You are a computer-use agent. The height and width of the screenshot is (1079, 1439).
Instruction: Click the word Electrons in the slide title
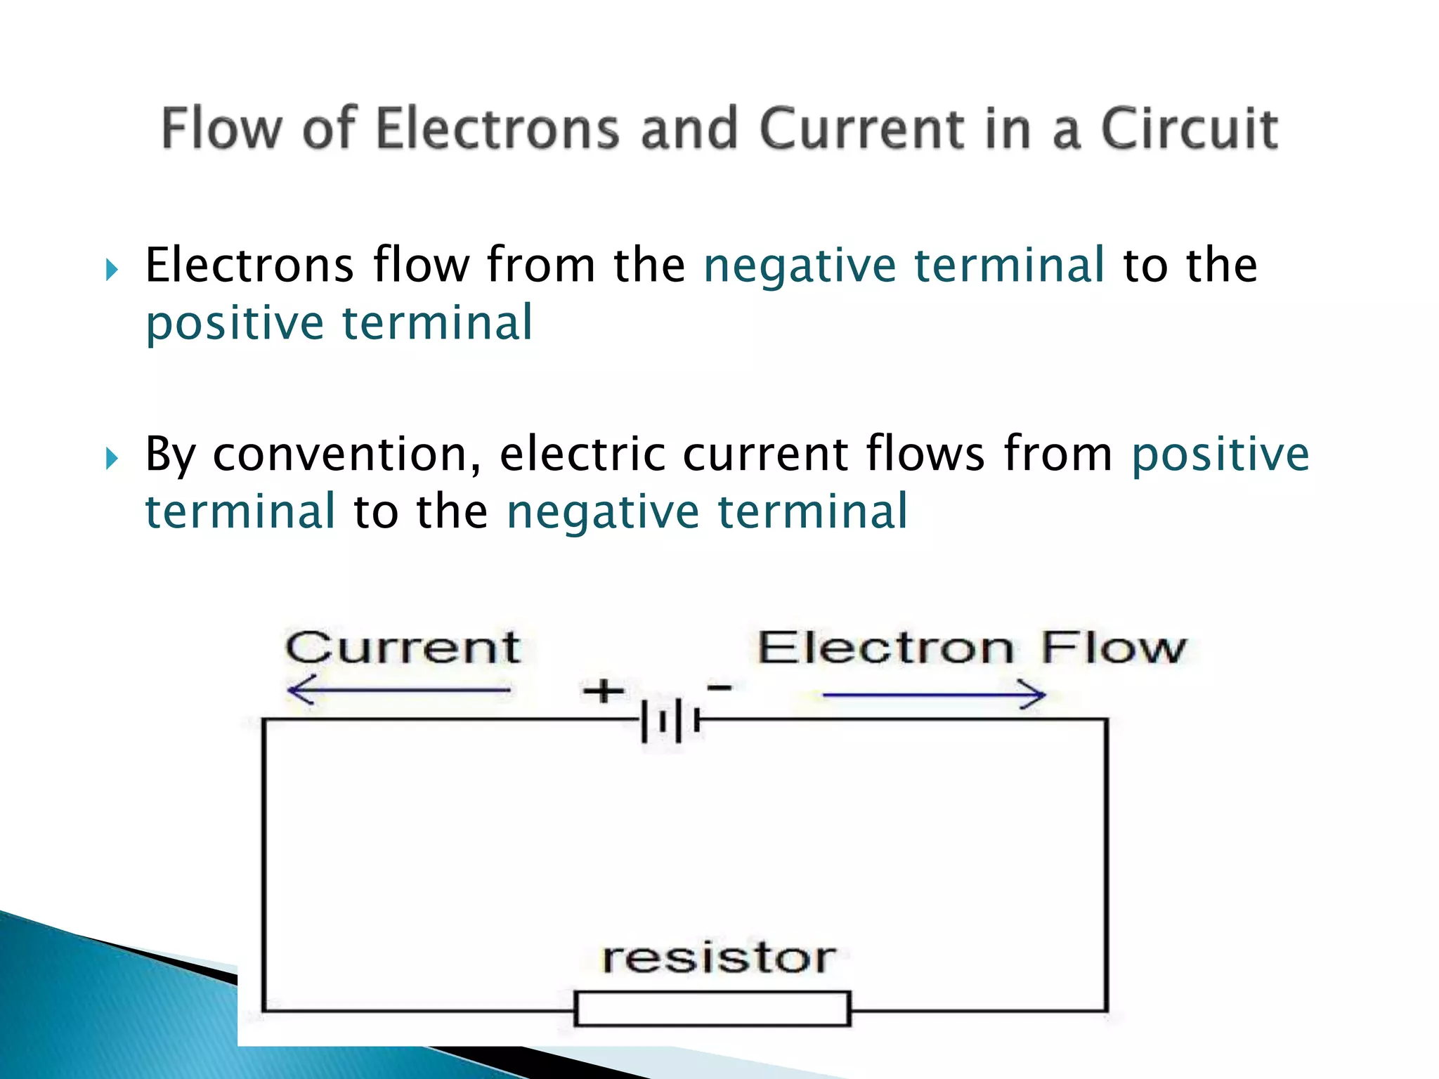tap(497, 129)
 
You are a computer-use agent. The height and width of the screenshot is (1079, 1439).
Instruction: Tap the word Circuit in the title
tap(1189, 129)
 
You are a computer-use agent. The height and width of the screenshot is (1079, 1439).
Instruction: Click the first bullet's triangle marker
tap(112, 269)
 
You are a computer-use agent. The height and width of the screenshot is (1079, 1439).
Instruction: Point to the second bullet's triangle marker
tap(112, 459)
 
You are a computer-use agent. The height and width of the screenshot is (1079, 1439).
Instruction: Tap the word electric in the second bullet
tap(582, 455)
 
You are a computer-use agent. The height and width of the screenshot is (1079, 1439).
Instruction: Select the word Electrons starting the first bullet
tap(249, 266)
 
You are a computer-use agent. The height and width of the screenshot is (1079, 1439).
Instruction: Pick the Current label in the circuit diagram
tap(403, 647)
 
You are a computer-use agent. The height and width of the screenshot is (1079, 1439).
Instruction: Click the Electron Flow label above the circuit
tap(972, 647)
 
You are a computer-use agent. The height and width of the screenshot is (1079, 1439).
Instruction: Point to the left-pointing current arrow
tap(399, 691)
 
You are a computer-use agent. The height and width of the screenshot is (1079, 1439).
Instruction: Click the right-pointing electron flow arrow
tap(934, 695)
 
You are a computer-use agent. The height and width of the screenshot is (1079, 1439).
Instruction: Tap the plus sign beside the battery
tap(603, 691)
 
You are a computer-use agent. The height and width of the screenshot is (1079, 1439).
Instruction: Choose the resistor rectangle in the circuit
tap(712, 1008)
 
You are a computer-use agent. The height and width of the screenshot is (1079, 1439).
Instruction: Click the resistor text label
tap(719, 957)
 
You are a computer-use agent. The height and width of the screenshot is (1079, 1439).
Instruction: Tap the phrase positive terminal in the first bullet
tap(339, 323)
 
